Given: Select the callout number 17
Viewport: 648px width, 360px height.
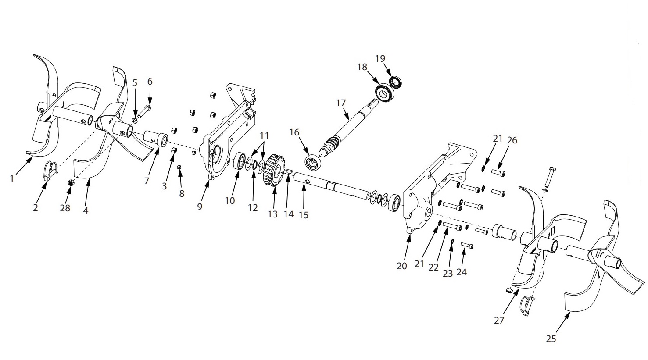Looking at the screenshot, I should (341, 103).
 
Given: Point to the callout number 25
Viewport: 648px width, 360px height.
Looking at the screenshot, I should (551, 339).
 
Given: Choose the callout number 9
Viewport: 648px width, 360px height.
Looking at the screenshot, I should (200, 207).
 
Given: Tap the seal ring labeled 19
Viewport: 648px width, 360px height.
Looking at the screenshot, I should (395, 82).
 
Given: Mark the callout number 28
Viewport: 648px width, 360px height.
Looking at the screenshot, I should (65, 208).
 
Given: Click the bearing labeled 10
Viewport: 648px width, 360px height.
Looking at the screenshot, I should (241, 161).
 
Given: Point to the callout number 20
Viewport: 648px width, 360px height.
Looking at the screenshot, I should (402, 266).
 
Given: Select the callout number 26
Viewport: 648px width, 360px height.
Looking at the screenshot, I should (512, 140).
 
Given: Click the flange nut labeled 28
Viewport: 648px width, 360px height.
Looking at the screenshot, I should (70, 183).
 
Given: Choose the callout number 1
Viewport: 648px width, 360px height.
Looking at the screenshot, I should (12, 178).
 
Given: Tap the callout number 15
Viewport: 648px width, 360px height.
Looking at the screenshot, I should (303, 215).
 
